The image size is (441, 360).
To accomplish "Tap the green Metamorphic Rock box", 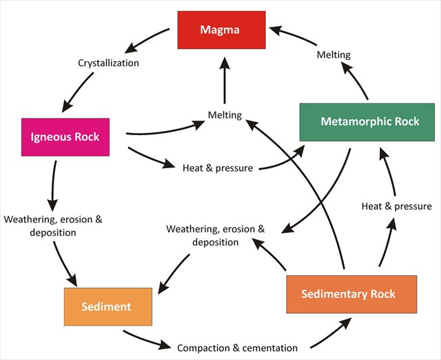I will tap(367, 122).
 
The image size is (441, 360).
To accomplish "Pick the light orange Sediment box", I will tap(107, 306).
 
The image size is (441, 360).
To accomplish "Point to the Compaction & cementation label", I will tap(237, 348).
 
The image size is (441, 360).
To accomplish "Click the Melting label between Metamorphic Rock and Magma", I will tap(334, 54).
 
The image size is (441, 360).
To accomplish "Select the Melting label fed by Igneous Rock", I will tap(225, 115).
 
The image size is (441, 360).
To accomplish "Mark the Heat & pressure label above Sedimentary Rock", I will tap(397, 206).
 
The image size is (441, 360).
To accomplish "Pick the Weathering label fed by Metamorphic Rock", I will tap(216, 235).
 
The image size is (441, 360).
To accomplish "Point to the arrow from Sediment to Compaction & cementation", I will tap(146, 339).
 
